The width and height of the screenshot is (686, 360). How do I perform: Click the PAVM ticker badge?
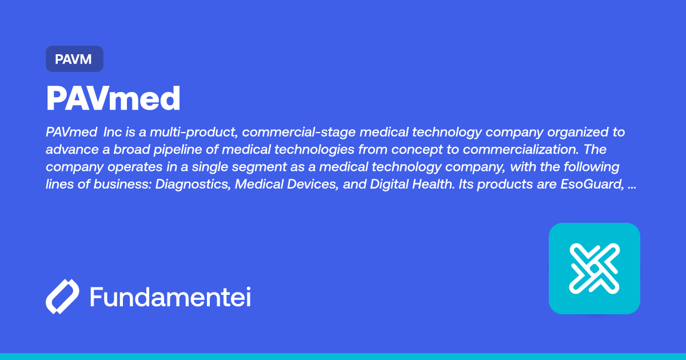(74, 59)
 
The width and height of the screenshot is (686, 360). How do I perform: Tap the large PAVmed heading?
(113, 98)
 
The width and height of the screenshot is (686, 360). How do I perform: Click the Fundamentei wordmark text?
(170, 297)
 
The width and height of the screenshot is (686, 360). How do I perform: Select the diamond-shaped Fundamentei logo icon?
(62, 297)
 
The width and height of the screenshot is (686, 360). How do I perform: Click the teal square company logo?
(595, 269)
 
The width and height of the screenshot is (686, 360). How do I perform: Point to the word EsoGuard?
(592, 184)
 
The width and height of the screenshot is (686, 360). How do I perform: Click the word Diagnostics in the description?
(193, 184)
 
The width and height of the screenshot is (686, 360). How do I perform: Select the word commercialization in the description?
(521, 150)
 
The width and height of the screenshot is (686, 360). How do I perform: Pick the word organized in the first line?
(578, 133)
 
